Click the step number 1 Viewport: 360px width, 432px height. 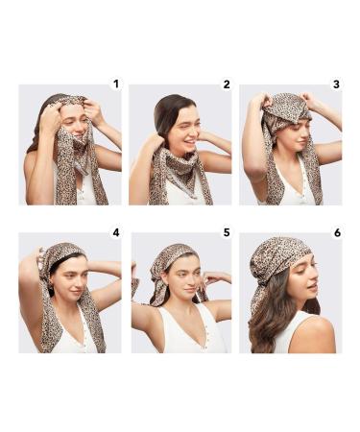click(115, 84)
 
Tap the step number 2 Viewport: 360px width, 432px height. click(226, 84)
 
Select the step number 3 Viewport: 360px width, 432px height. click(335, 84)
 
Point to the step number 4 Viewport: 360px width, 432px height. click(115, 232)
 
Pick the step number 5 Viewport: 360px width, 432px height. click(226, 232)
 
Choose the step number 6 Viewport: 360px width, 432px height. click(335, 232)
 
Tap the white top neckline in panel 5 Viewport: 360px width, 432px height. click(183, 331)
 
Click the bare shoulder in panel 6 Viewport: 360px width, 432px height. click(317, 331)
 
